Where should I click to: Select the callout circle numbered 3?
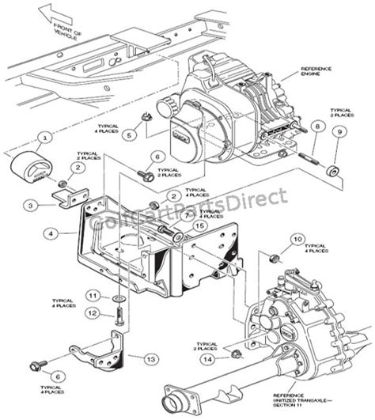coord(29,203)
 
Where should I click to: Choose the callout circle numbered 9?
coord(339,134)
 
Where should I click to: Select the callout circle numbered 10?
coord(297,237)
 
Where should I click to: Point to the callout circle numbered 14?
coord(208,359)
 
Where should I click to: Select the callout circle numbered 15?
coord(199,225)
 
